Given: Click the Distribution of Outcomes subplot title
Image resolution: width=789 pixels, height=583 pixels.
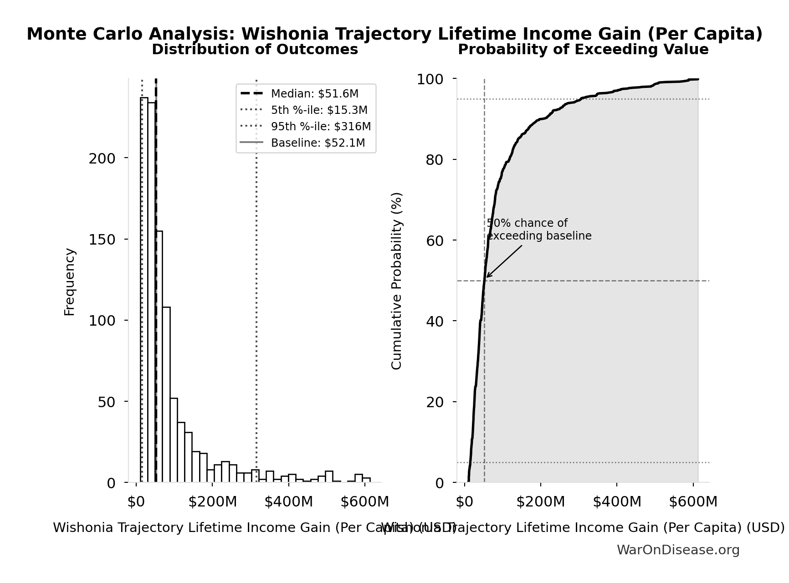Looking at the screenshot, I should pyautogui.click(x=255, y=50).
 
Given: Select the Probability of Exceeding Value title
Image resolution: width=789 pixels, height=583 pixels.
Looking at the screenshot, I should pyautogui.click(x=583, y=50).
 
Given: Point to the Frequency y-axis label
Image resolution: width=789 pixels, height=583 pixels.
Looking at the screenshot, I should pyautogui.click(x=69, y=281).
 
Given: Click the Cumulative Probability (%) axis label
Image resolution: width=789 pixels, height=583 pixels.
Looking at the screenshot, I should pyautogui.click(x=397, y=281).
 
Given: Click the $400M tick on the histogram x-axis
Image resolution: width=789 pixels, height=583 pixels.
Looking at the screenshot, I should pyautogui.click(x=288, y=502).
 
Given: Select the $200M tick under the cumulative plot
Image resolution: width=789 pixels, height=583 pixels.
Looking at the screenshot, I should pyautogui.click(x=540, y=502).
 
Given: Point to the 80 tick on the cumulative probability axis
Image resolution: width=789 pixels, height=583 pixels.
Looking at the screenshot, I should pyautogui.click(x=435, y=160).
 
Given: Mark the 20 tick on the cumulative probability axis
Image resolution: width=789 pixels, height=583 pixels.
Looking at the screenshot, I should pyautogui.click(x=435, y=402).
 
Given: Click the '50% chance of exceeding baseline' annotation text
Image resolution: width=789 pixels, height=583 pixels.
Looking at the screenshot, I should pyautogui.click(x=539, y=230).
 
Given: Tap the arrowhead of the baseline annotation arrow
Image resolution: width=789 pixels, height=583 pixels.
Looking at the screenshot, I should pyautogui.click(x=487, y=276).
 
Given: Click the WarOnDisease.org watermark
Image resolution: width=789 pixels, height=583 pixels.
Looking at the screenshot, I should pyautogui.click(x=678, y=550).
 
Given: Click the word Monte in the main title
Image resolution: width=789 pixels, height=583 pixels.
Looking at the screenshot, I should pyautogui.click(x=53, y=34).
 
